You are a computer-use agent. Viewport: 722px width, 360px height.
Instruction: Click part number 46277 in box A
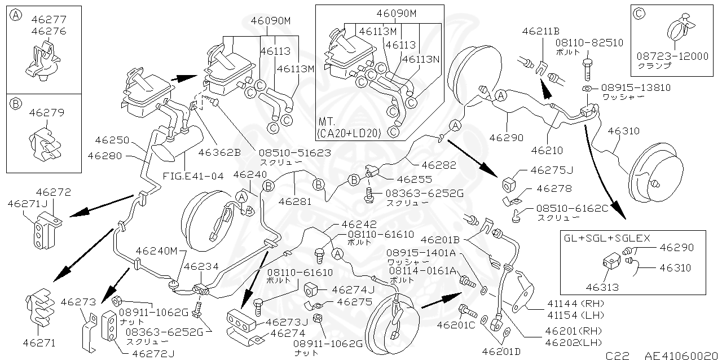point(46,20)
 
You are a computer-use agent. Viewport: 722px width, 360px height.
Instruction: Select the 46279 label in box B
point(46,113)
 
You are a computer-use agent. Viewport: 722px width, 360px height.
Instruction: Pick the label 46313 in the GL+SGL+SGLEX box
point(602,287)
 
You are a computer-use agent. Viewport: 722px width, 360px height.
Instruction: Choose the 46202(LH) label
point(566,342)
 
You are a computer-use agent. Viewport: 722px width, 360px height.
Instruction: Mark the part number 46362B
point(220,152)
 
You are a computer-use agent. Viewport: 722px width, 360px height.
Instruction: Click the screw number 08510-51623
point(294,152)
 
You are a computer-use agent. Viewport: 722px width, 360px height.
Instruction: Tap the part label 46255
point(414,179)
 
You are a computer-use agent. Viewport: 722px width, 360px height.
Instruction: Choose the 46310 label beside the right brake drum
point(623,131)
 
